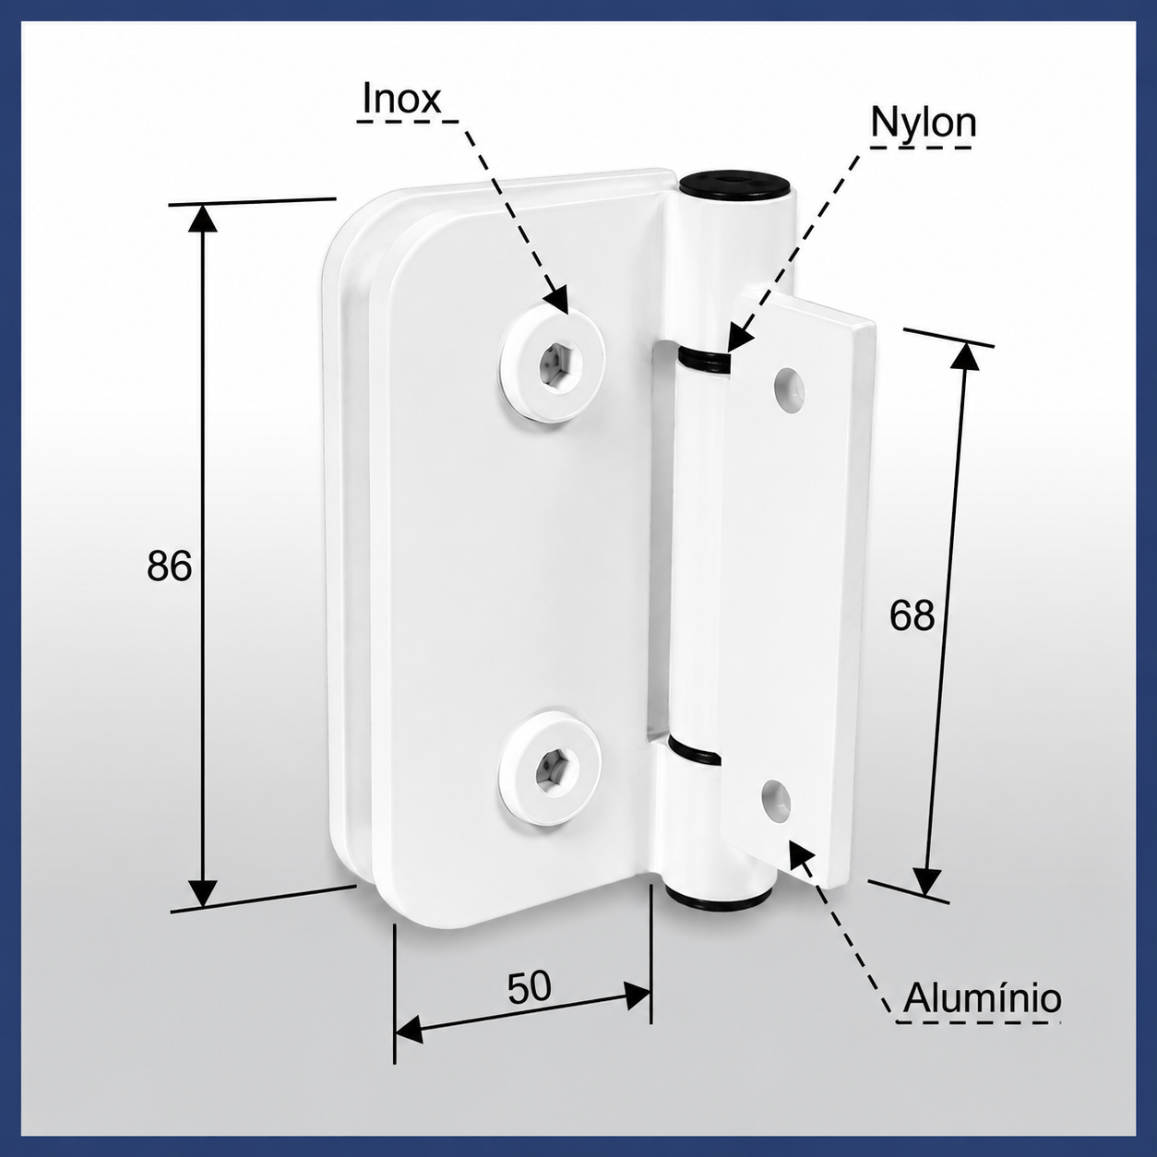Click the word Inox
(401, 100)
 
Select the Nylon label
(924, 123)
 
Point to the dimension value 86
(169, 565)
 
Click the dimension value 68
(912, 615)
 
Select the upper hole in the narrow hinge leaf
(790, 389)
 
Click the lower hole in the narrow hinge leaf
(776, 802)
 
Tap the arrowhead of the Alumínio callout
(801, 855)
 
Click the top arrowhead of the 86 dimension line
(202, 219)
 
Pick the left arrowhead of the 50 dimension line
(409, 1032)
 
